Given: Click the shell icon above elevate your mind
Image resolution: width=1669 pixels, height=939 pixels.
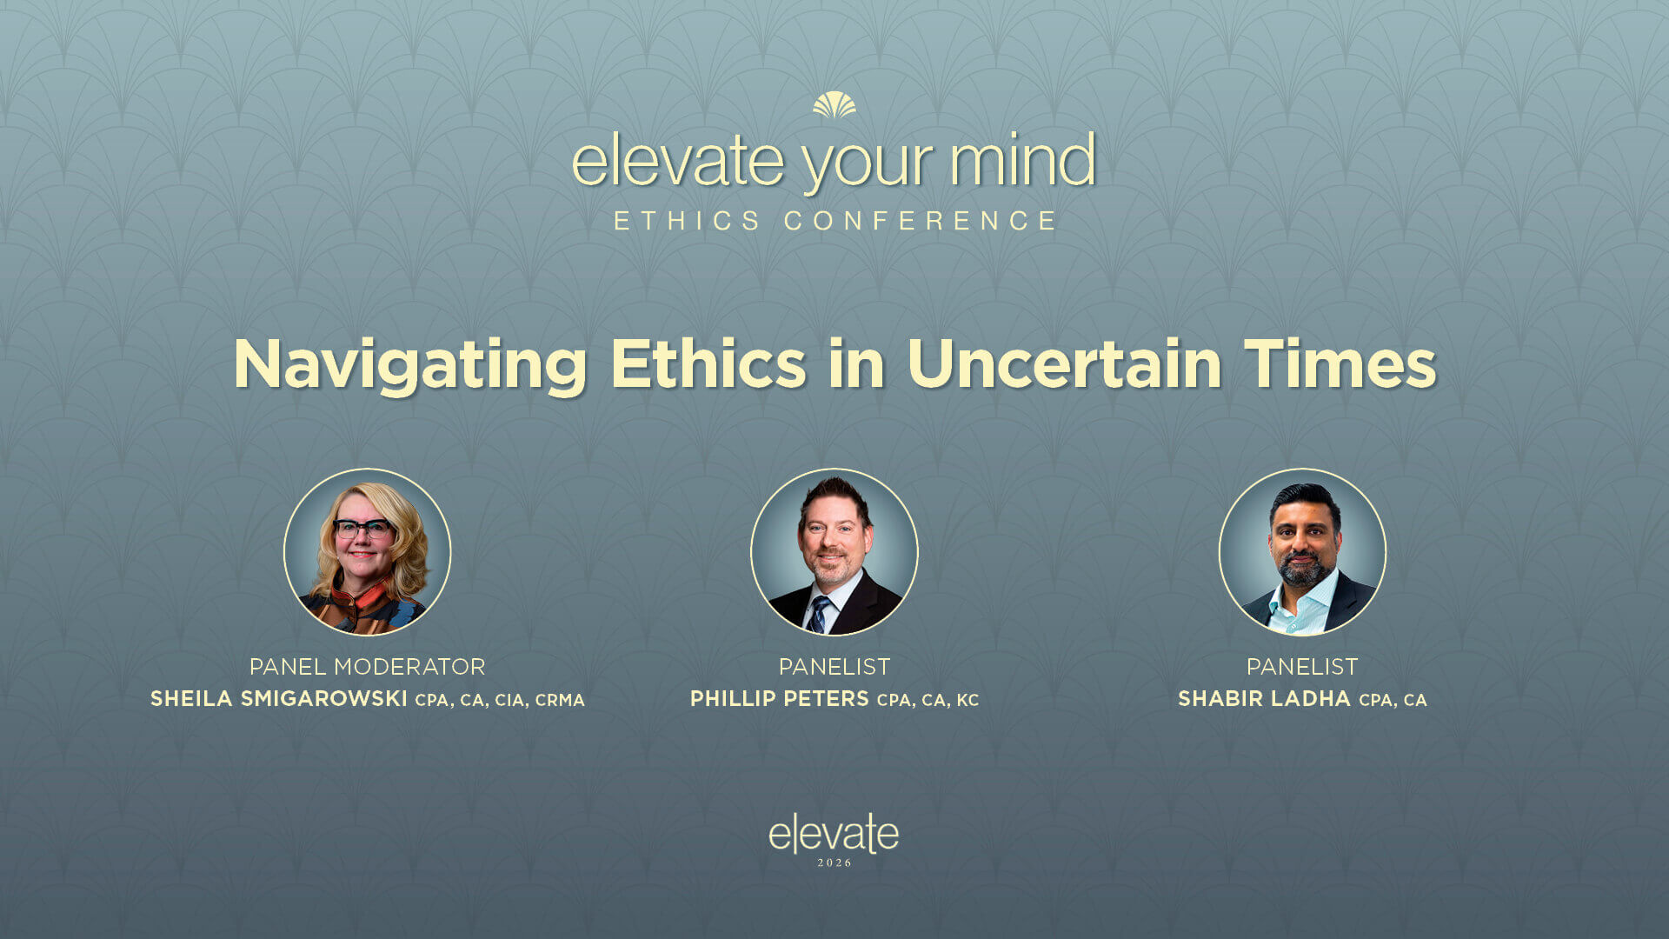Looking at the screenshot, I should coord(834,105).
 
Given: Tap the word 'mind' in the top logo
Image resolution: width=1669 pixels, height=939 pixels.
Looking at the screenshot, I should coord(1022,162).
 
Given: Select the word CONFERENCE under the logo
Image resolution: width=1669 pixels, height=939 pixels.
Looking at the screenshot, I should coord(920,221).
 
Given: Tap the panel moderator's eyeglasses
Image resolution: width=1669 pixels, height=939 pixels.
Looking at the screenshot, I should coord(362,528).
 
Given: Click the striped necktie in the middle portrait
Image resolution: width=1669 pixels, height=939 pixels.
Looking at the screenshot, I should coord(818,614).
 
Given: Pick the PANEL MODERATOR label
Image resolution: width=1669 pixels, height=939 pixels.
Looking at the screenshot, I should coord(367,667).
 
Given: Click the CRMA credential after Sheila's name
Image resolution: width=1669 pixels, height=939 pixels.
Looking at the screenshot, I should coord(560,701).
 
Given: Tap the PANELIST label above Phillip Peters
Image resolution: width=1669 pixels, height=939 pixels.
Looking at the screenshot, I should coord(834,667).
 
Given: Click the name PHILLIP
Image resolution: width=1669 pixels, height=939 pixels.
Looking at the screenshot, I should coord(732,699).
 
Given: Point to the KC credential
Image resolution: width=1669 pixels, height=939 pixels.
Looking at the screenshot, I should coord(967,701).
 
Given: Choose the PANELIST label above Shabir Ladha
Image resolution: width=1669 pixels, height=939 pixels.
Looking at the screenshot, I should coord(1302,667).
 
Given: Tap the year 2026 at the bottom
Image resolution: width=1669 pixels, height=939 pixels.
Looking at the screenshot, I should coord(834,863).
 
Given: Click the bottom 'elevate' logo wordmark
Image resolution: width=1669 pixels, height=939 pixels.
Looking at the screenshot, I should coord(834,835).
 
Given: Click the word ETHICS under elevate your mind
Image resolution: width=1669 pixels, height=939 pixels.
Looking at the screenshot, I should coord(688,221).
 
